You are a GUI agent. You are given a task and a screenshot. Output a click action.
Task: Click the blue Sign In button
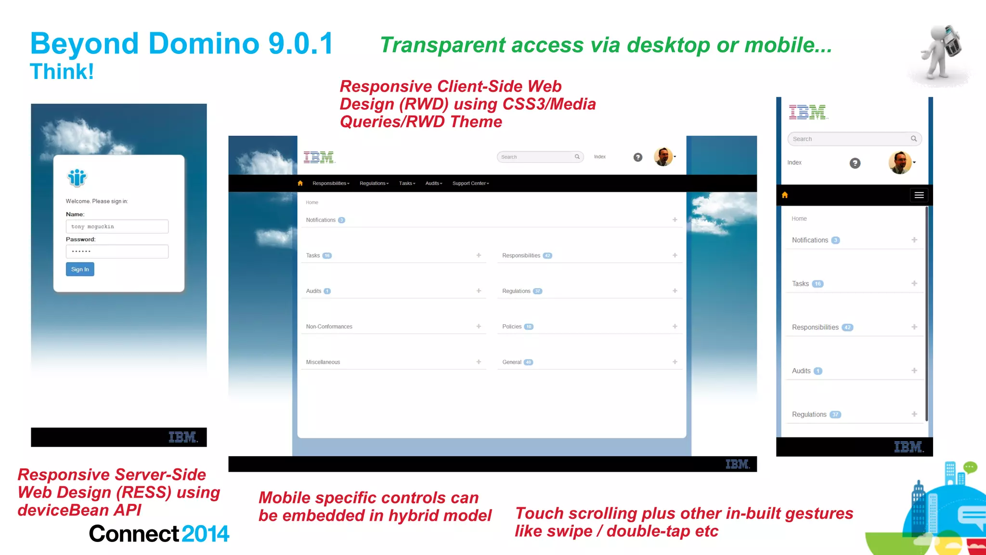pos(80,269)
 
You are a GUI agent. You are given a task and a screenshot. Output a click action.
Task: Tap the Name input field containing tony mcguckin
pos(117,226)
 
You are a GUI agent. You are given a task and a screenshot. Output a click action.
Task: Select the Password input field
pos(117,251)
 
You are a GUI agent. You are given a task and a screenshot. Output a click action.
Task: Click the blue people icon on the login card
pos(77,178)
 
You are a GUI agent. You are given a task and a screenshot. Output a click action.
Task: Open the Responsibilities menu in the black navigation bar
pos(331,184)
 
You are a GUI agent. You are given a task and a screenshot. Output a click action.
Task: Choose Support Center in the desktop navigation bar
pos(470,184)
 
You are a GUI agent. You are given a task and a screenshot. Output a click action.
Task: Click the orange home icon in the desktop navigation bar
pos(300,183)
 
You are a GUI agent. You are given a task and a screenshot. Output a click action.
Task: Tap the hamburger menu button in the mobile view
pos(919,195)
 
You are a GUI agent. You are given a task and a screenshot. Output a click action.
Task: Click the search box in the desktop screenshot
pos(537,157)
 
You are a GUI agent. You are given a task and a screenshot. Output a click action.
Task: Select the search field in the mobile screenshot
pos(850,139)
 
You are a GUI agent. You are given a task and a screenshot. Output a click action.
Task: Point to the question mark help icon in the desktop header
pos(638,157)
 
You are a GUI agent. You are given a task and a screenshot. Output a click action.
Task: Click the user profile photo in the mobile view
pos(899,162)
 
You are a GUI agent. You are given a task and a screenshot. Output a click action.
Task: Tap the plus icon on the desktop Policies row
pos(675,326)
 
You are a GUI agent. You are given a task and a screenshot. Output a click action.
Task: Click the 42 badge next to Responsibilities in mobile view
pos(847,328)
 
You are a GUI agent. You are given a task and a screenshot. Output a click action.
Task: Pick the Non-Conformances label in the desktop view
pos(329,327)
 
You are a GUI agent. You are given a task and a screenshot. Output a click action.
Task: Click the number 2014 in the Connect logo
pos(206,534)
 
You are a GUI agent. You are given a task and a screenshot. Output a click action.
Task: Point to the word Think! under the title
pos(62,72)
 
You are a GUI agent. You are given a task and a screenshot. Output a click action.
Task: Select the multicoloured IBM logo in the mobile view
pos(807,112)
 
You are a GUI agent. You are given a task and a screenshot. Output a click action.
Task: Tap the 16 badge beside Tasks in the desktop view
pos(327,256)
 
